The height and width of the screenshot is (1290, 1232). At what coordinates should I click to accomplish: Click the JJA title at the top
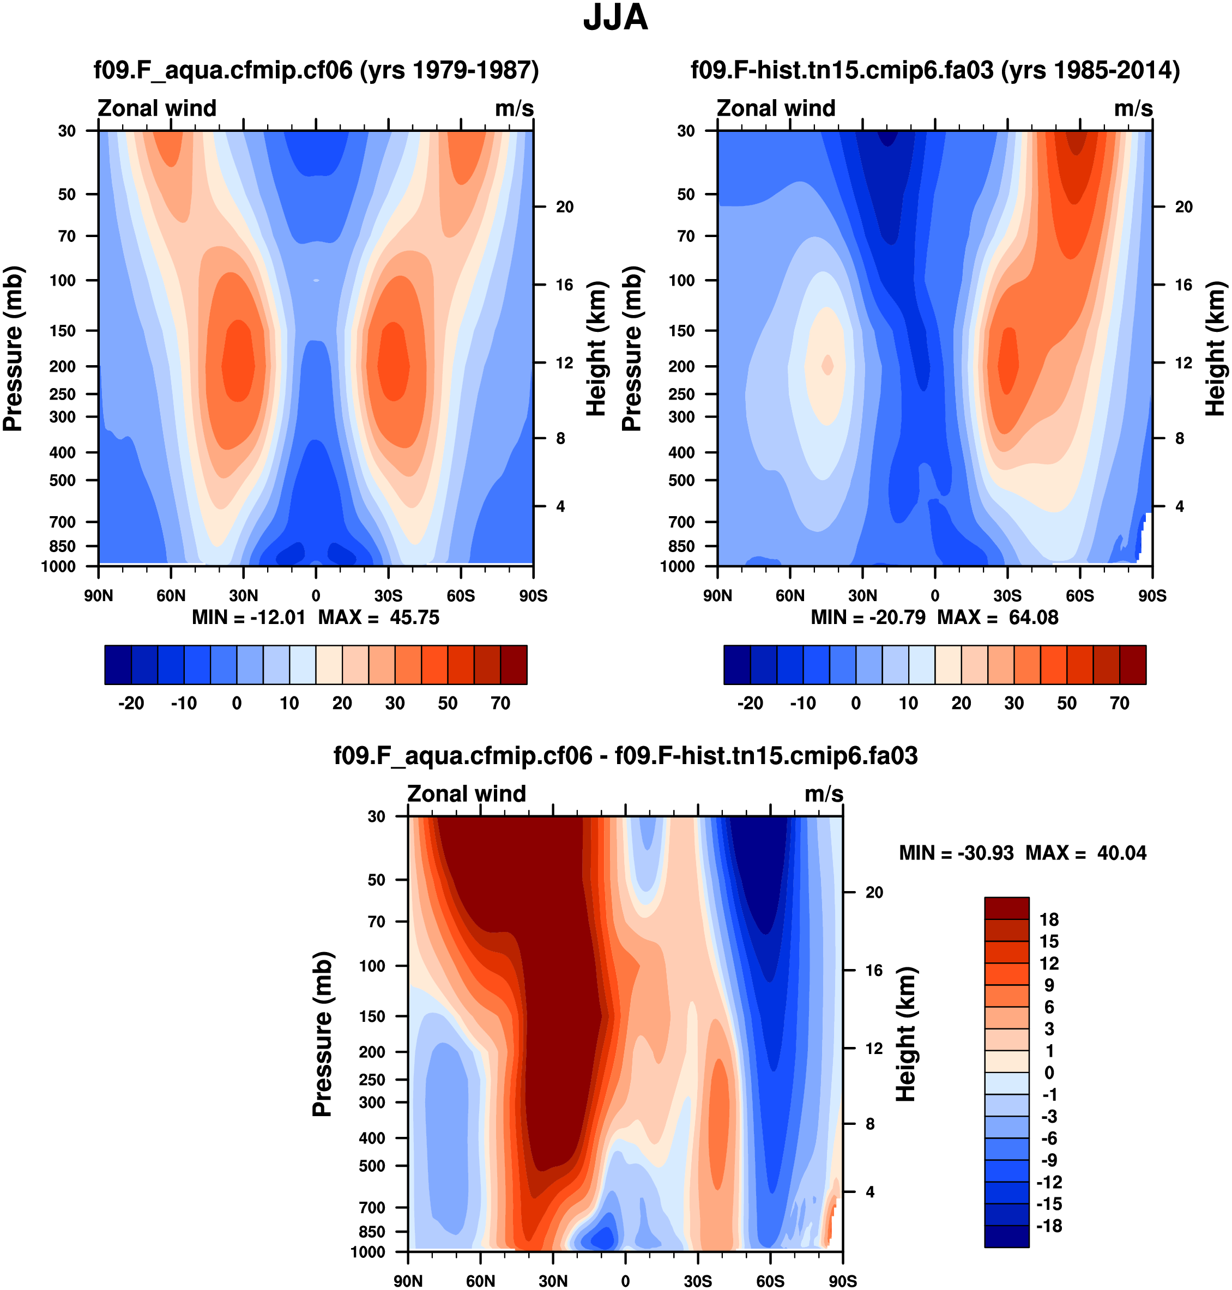click(615, 19)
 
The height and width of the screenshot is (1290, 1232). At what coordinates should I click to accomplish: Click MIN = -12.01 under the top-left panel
click(248, 618)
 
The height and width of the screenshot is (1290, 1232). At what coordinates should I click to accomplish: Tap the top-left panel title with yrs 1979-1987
click(316, 70)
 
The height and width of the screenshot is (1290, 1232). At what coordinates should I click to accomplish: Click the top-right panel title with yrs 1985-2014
click(935, 70)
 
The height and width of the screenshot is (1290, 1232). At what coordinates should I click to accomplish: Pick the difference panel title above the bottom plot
click(625, 755)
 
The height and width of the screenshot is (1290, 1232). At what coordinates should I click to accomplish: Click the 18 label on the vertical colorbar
click(1049, 920)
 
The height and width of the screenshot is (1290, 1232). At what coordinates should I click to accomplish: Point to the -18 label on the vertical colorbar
click(1049, 1226)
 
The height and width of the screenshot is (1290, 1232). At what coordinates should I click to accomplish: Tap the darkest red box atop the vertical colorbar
click(1006, 908)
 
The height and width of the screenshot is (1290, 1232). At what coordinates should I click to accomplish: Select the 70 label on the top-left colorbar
click(500, 704)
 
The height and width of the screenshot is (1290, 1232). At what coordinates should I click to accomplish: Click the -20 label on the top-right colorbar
click(750, 704)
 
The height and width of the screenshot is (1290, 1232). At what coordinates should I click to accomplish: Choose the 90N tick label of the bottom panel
click(408, 1281)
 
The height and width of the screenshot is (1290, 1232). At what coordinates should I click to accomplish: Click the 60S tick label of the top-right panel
click(1080, 596)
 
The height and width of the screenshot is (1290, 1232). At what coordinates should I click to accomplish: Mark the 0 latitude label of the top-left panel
click(316, 596)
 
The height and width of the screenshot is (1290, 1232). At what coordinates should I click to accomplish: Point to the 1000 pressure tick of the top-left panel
click(58, 567)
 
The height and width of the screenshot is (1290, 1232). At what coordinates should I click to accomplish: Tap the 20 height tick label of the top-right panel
click(1183, 207)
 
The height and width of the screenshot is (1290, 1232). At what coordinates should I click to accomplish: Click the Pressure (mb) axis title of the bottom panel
click(323, 1034)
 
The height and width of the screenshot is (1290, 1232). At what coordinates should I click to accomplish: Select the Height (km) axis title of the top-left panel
click(596, 349)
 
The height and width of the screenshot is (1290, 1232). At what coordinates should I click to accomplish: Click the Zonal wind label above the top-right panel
click(776, 108)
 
